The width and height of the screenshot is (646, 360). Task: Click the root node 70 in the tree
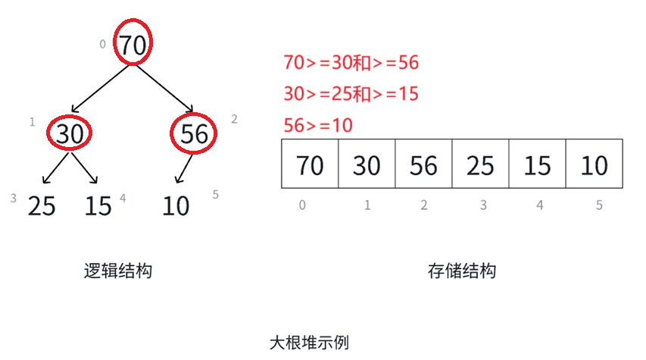point(133,45)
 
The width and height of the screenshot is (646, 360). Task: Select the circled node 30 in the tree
point(70,134)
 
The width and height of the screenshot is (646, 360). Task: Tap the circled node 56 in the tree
point(194,134)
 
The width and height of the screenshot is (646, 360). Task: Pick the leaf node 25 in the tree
point(42,205)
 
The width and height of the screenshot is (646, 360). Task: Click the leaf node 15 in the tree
point(98,205)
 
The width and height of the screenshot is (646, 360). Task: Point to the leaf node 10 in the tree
point(176,205)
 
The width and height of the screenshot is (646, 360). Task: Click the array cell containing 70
point(310,164)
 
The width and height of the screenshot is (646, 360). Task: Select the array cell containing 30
point(367,164)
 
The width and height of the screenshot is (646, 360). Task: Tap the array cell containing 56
point(423,164)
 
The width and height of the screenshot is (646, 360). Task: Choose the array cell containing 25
point(480,164)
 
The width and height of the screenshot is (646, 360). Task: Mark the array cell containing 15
point(537,164)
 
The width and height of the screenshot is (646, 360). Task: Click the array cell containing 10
point(594,164)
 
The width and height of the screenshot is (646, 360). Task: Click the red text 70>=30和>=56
point(351,63)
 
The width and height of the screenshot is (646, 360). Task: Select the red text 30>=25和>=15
point(351,95)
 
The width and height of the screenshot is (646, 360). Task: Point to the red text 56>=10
point(318,126)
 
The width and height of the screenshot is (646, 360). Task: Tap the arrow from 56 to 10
point(185,168)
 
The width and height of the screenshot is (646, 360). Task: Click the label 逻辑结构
point(117,271)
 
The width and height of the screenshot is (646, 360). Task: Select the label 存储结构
point(462,271)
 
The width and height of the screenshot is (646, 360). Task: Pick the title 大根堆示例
point(310,342)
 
